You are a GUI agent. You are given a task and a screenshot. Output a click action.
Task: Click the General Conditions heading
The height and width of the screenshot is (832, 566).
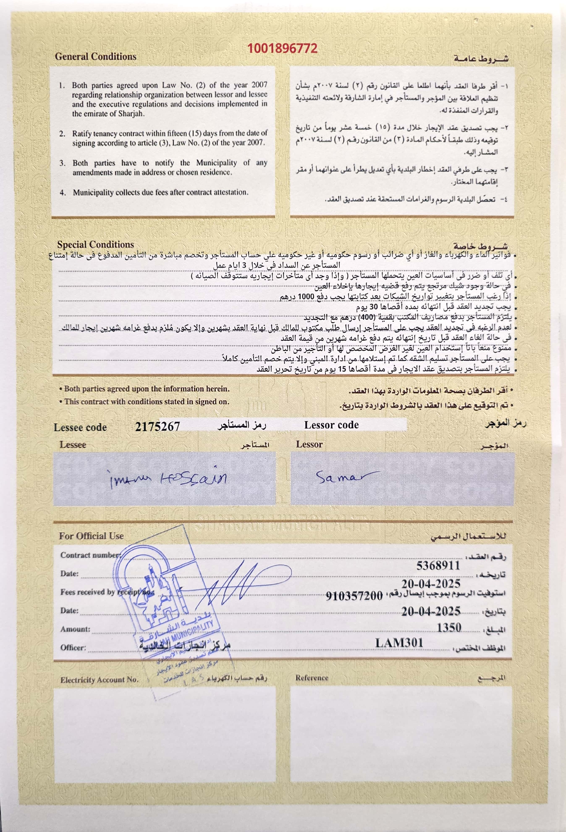pyautogui.click(x=96, y=57)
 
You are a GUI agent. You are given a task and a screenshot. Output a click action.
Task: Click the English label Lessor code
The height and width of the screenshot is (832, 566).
pyautogui.click(x=331, y=425)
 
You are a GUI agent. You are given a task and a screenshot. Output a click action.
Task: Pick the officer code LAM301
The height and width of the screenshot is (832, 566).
pyautogui.click(x=399, y=643)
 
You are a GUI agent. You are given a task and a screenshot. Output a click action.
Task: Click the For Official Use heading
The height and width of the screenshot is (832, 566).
pyautogui.click(x=91, y=536)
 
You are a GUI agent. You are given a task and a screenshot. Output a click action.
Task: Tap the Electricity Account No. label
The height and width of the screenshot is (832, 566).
pyautogui.click(x=99, y=680)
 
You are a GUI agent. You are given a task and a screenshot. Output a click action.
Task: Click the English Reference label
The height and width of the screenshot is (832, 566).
pyautogui.click(x=312, y=678)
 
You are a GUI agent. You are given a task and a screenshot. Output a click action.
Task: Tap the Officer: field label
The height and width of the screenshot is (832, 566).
pyautogui.click(x=73, y=648)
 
